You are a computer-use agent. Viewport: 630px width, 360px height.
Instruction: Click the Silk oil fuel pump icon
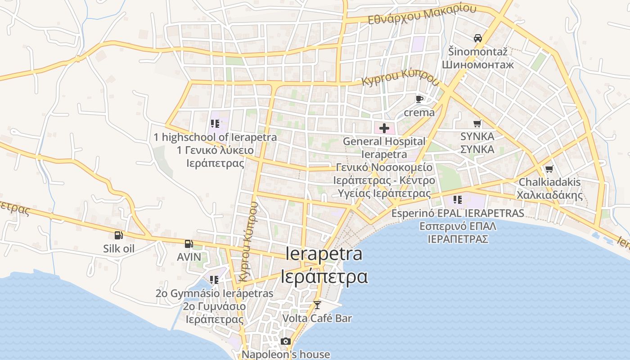tap(118, 235)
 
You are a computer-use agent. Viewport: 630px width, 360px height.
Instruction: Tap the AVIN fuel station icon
tap(189, 244)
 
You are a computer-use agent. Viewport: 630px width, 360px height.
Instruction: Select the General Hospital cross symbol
tap(384, 128)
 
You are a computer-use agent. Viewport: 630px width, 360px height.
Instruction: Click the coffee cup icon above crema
tap(419, 99)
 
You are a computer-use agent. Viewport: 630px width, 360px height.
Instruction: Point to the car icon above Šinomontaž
tap(478, 38)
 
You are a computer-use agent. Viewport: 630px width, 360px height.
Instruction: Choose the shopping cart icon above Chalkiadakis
tap(549, 169)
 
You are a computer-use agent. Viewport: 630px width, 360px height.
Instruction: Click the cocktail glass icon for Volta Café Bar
tap(317, 305)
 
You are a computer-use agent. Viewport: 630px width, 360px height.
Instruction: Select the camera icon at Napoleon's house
tap(286, 342)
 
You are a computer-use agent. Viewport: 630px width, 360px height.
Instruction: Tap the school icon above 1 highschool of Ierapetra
tap(215, 123)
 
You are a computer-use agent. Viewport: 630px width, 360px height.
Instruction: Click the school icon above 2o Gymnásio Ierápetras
tap(214, 280)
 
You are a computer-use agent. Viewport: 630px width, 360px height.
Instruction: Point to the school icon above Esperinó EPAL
tap(458, 199)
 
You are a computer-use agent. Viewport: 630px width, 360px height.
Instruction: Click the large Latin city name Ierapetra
tap(324, 254)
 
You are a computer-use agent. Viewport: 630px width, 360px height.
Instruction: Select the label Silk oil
tap(119, 248)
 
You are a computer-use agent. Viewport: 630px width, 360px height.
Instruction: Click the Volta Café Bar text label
tap(317, 318)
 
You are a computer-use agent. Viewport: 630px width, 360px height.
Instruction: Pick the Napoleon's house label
tap(286, 354)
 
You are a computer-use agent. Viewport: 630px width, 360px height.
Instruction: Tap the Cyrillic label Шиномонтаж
tap(478, 64)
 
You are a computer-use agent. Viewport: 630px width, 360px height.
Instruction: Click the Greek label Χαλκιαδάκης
tap(549, 195)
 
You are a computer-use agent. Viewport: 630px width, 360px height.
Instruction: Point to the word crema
tap(419, 112)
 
